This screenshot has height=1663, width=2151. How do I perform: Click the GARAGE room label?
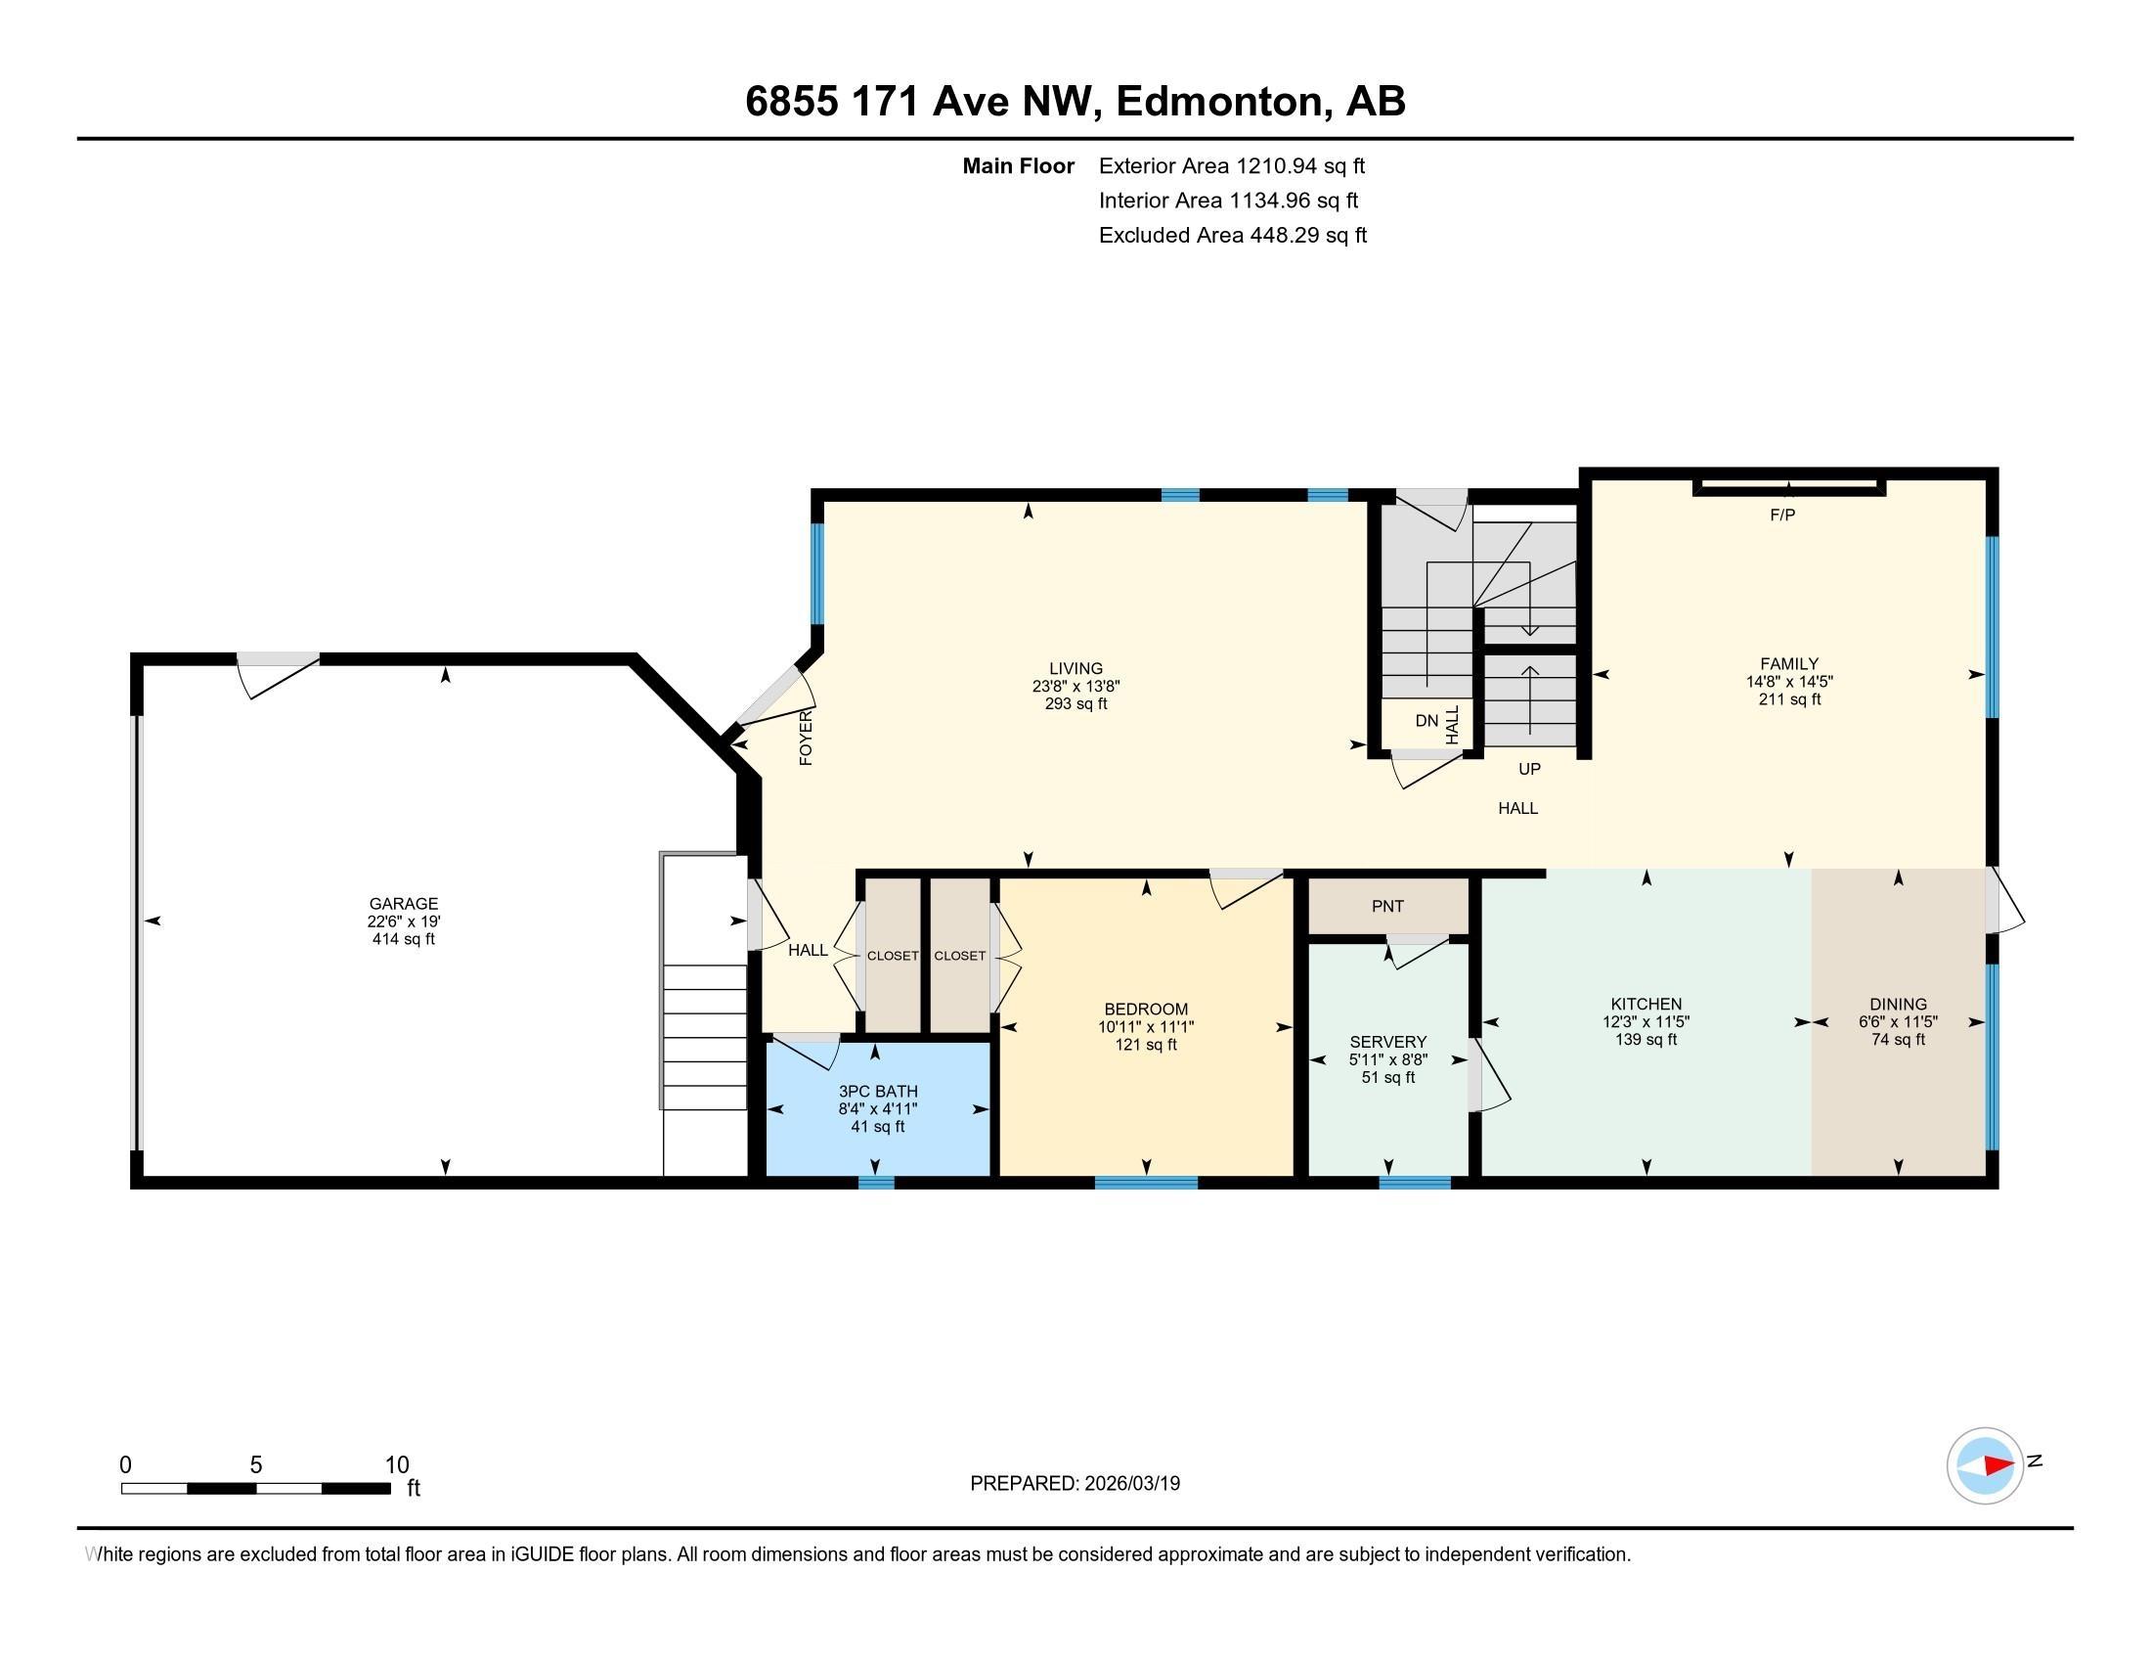[403, 904]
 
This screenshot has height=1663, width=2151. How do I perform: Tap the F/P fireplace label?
[1781, 516]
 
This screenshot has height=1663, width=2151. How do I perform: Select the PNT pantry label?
[1386, 907]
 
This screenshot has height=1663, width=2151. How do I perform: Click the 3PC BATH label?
[878, 1092]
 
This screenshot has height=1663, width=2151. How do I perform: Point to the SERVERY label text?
[1387, 1043]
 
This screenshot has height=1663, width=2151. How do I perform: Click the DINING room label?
[1897, 1005]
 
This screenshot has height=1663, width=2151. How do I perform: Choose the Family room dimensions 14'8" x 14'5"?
[1788, 682]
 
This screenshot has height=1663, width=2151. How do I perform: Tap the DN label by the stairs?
[1427, 721]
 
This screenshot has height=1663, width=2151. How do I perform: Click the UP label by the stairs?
[1528, 770]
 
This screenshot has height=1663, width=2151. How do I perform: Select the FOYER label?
[806, 739]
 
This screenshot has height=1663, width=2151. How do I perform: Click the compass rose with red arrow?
[1985, 1465]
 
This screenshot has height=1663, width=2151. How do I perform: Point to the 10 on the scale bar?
[396, 1465]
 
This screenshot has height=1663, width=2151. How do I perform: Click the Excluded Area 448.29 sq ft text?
[1232, 236]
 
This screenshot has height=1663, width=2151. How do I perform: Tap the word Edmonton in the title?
[1217, 102]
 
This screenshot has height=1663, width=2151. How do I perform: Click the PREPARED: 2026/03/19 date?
[1075, 1484]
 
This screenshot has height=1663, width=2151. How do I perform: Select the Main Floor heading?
[1018, 166]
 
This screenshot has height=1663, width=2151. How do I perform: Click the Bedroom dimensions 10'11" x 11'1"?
[1146, 1027]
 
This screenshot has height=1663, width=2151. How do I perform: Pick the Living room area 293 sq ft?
[1075, 704]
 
